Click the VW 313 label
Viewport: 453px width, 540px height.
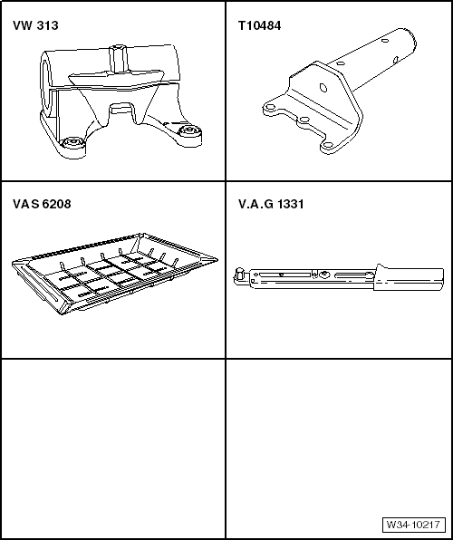click(35, 25)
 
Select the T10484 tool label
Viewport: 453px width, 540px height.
click(259, 25)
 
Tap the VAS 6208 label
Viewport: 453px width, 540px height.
click(42, 204)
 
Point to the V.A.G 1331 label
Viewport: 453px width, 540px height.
click(271, 204)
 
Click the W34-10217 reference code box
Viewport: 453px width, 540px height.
click(413, 525)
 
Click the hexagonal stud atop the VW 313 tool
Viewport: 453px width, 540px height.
click(118, 58)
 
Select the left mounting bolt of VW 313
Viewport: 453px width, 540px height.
click(72, 144)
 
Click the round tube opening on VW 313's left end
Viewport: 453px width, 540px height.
click(44, 83)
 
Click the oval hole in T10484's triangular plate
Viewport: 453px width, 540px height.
click(323, 88)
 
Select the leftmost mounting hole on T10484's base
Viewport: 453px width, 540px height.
click(271, 108)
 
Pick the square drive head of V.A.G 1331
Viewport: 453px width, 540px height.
click(238, 275)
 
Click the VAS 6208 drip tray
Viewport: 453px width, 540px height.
click(114, 274)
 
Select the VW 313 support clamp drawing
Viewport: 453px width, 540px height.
click(120, 101)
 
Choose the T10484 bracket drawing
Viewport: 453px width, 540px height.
click(340, 92)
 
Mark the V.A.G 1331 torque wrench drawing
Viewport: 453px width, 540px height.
click(339, 277)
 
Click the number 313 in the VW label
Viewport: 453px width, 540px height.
click(47, 25)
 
